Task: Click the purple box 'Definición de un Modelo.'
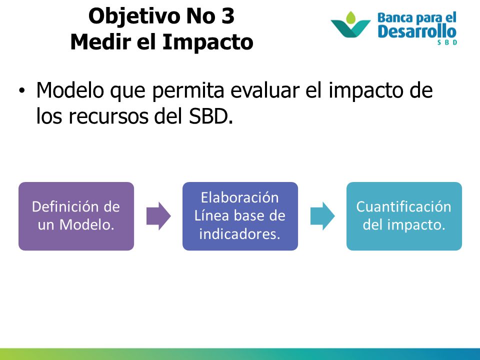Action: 76,216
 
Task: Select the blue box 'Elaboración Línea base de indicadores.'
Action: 240,216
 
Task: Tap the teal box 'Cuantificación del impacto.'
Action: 404,216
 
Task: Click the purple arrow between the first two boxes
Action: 158,216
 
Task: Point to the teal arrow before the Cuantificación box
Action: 322,216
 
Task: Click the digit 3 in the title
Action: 228,16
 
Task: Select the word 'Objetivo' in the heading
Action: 133,16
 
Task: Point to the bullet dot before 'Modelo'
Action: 21,90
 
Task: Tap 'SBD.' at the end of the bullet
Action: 211,116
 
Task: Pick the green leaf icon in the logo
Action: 351,18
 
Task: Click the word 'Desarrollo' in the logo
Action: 417,31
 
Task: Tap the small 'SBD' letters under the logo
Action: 447,42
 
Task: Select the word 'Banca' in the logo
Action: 395,18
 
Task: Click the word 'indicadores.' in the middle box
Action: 240,234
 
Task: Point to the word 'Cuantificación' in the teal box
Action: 404,207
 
